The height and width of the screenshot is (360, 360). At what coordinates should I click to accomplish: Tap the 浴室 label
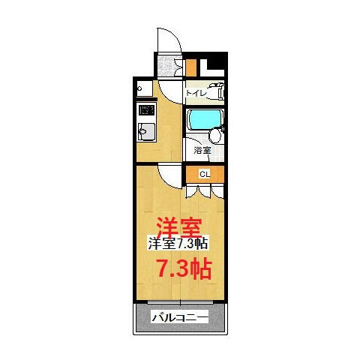(202, 149)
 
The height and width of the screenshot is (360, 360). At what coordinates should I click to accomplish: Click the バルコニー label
(179, 316)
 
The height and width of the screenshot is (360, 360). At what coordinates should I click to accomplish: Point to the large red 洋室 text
(177, 226)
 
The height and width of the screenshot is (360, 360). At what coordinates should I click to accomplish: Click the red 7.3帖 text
(182, 268)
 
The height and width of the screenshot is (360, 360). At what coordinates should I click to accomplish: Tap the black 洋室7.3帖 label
(177, 243)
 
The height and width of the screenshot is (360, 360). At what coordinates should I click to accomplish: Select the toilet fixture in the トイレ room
(215, 92)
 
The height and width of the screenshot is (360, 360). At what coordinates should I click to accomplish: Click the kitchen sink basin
(145, 133)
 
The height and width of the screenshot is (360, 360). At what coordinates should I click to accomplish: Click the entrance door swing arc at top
(166, 41)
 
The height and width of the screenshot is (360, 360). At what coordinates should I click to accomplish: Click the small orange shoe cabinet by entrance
(191, 67)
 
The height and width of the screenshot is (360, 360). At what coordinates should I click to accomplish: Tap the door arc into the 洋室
(171, 177)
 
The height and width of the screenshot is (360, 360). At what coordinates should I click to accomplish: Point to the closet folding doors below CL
(203, 190)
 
